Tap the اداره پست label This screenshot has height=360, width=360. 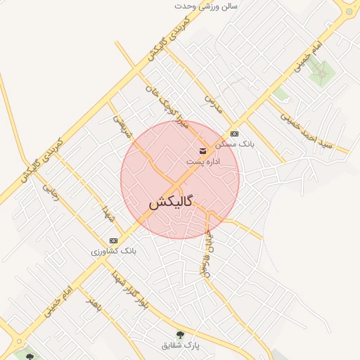click(203, 162)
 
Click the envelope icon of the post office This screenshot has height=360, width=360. click(203, 150)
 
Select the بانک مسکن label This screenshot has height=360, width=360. click(236, 144)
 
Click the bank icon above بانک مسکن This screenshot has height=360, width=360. click(234, 134)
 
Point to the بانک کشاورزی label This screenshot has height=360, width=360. click(114, 250)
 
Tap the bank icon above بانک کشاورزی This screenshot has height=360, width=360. click(114, 240)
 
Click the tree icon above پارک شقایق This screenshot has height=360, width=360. click(181, 335)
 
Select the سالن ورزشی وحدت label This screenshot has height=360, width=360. click(207, 6)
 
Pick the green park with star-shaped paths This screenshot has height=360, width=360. click(321, 72)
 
